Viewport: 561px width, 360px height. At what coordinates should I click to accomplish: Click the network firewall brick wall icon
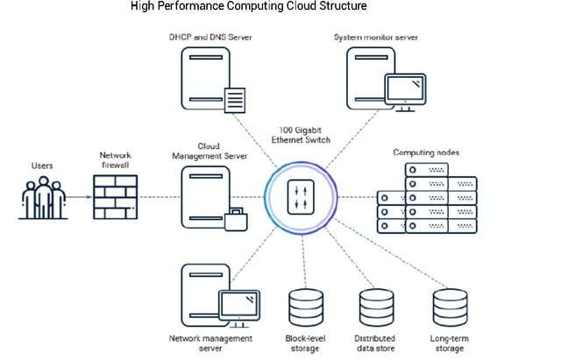pyautogui.click(x=115, y=197)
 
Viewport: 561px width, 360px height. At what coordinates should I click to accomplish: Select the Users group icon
pyautogui.click(x=43, y=198)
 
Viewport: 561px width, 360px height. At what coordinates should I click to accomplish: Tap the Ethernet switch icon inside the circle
pyautogui.click(x=301, y=197)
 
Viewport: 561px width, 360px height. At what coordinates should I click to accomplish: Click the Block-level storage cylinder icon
pyautogui.click(x=306, y=307)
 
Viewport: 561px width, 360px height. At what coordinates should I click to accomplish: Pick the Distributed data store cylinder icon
pyautogui.click(x=376, y=307)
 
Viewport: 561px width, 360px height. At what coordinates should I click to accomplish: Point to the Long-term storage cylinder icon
pyautogui.click(x=450, y=307)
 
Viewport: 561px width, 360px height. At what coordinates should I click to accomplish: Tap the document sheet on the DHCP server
pyautogui.click(x=235, y=100)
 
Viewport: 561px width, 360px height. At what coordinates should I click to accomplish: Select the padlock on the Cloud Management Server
pyautogui.click(x=236, y=220)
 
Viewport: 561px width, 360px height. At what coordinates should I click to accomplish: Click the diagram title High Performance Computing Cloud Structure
pyautogui.click(x=249, y=6)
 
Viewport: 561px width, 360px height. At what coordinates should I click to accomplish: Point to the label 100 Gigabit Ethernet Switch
pyautogui.click(x=301, y=135)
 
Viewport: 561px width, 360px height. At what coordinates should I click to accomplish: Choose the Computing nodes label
pyautogui.click(x=426, y=152)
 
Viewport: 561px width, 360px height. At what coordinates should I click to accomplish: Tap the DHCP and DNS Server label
pyautogui.click(x=210, y=37)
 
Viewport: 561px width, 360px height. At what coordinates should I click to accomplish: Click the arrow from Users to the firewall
pyautogui.click(x=80, y=197)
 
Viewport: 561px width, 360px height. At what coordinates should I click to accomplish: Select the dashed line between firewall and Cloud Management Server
pyautogui.click(x=160, y=197)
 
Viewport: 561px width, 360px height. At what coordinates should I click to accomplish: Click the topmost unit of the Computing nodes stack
pyautogui.click(x=427, y=170)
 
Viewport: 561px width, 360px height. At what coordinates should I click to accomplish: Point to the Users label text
pyautogui.click(x=42, y=166)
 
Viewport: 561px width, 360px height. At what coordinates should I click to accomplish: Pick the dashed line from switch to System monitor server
pyautogui.click(x=352, y=139)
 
